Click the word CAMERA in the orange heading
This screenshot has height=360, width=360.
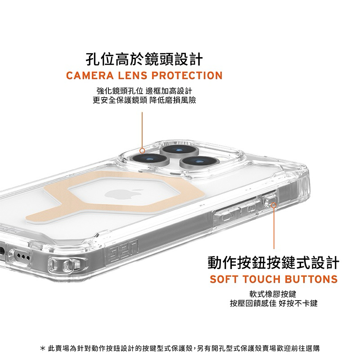coord(90,76)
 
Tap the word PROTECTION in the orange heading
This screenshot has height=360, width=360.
coord(187,76)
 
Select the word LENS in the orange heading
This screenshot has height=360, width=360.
coord(133,76)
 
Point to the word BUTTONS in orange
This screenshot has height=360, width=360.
coord(311,279)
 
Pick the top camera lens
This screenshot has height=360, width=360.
coord(180,150)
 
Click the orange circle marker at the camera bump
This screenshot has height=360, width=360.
coord(142,151)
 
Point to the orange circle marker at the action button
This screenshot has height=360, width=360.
coord(274,205)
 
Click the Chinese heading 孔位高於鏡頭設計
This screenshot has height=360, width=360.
coord(144,59)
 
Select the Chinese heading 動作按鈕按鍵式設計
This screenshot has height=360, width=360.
coord(273,263)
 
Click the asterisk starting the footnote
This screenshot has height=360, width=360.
coord(42,348)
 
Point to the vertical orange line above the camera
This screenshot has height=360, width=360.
coord(142,130)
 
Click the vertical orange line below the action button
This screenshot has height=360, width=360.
coord(274,228)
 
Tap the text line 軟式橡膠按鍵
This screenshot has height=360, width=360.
coord(273,294)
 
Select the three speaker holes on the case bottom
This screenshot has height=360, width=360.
coord(22,256)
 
